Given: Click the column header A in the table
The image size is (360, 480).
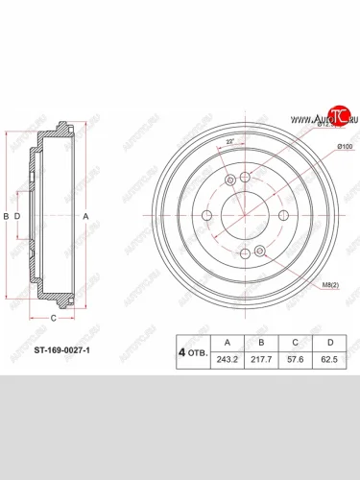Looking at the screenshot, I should [227, 341].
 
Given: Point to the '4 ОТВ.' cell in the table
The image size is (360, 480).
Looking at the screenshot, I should [191, 351].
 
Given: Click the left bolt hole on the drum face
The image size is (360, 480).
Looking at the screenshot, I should [206, 217].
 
